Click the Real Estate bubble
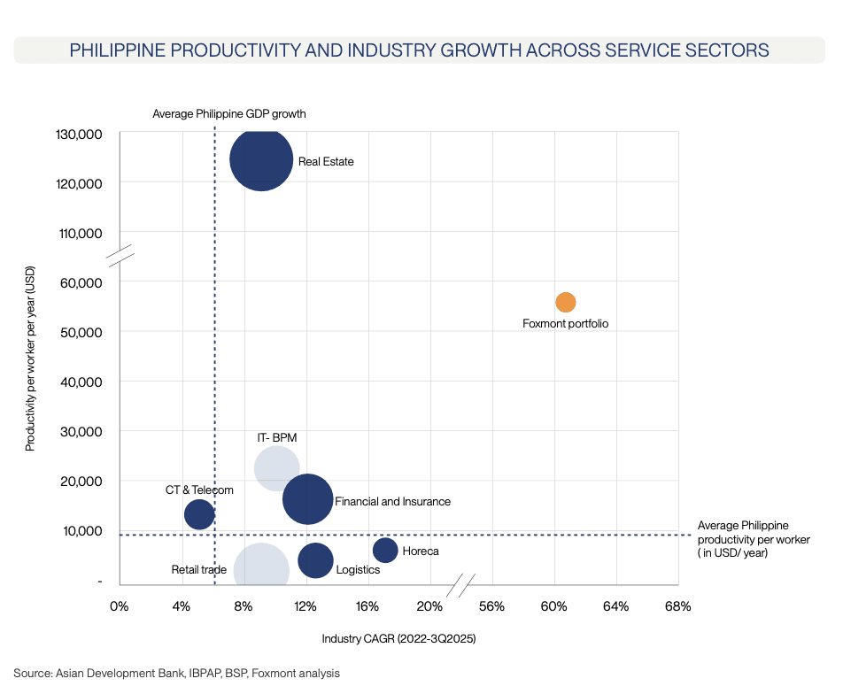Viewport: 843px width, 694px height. tap(261, 159)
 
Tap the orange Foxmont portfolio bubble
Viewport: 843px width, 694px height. tap(566, 302)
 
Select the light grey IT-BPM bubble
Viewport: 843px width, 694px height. tap(276, 468)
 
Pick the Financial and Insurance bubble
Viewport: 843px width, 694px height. tap(307, 499)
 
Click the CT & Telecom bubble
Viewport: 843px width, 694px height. tap(199, 514)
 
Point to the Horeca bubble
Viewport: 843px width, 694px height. tap(385, 550)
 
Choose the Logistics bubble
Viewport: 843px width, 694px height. tap(315, 559)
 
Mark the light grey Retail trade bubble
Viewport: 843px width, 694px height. tap(261, 571)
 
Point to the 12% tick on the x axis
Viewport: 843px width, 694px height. tap(305, 606)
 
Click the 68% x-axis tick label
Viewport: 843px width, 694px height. tap(677, 606)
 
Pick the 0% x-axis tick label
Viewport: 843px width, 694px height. tap(119, 606)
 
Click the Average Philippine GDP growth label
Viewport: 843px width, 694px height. tap(228, 113)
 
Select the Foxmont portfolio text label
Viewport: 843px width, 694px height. tap(566, 324)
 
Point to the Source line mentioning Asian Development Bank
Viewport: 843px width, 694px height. tap(176, 673)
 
